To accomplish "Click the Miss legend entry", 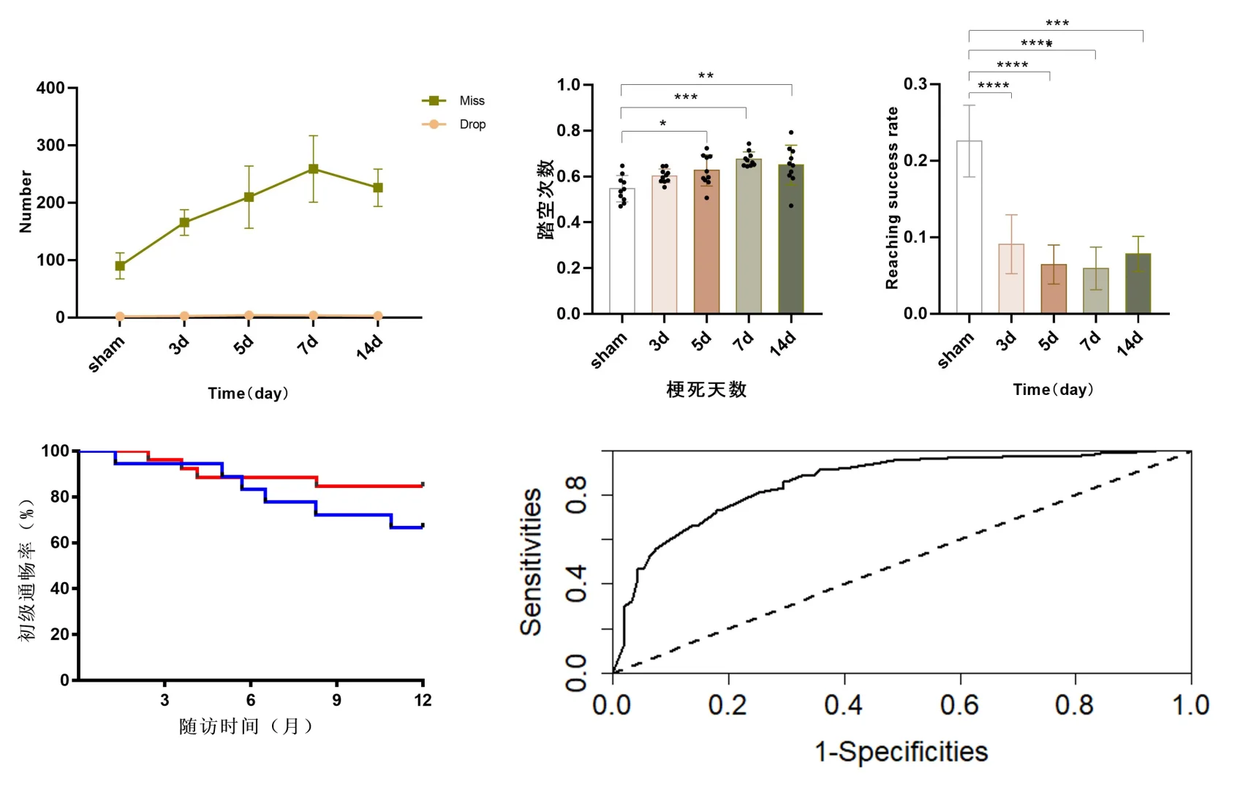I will pyautogui.click(x=471, y=101).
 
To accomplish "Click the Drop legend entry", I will pyautogui.click(x=472, y=124).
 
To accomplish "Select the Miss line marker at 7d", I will pyautogui.click(x=313, y=169).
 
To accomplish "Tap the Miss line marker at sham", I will pyautogui.click(x=120, y=266).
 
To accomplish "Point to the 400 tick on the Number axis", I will pyautogui.click(x=51, y=89).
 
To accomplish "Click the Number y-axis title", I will pyautogui.click(x=26, y=202).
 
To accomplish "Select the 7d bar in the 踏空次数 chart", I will pyautogui.click(x=748, y=236).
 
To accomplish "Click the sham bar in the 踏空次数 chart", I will pyautogui.click(x=622, y=251).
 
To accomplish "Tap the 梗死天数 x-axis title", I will pyautogui.click(x=706, y=390).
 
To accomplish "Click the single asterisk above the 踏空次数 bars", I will pyautogui.click(x=662, y=124).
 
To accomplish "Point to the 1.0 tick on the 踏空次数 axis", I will pyautogui.click(x=569, y=85).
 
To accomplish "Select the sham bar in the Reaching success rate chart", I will pyautogui.click(x=969, y=227).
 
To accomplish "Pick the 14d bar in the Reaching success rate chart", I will pyautogui.click(x=1138, y=284).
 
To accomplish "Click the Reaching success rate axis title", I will pyautogui.click(x=892, y=198).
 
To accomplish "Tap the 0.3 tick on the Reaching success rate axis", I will pyautogui.click(x=915, y=84).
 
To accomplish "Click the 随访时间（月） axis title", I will pyautogui.click(x=246, y=726).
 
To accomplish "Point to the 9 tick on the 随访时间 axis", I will pyautogui.click(x=336, y=700).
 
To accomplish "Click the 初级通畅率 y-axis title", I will pyautogui.click(x=26, y=571).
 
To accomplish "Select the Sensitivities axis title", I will pyautogui.click(x=532, y=562).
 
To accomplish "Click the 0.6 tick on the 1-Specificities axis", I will pyautogui.click(x=959, y=705).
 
